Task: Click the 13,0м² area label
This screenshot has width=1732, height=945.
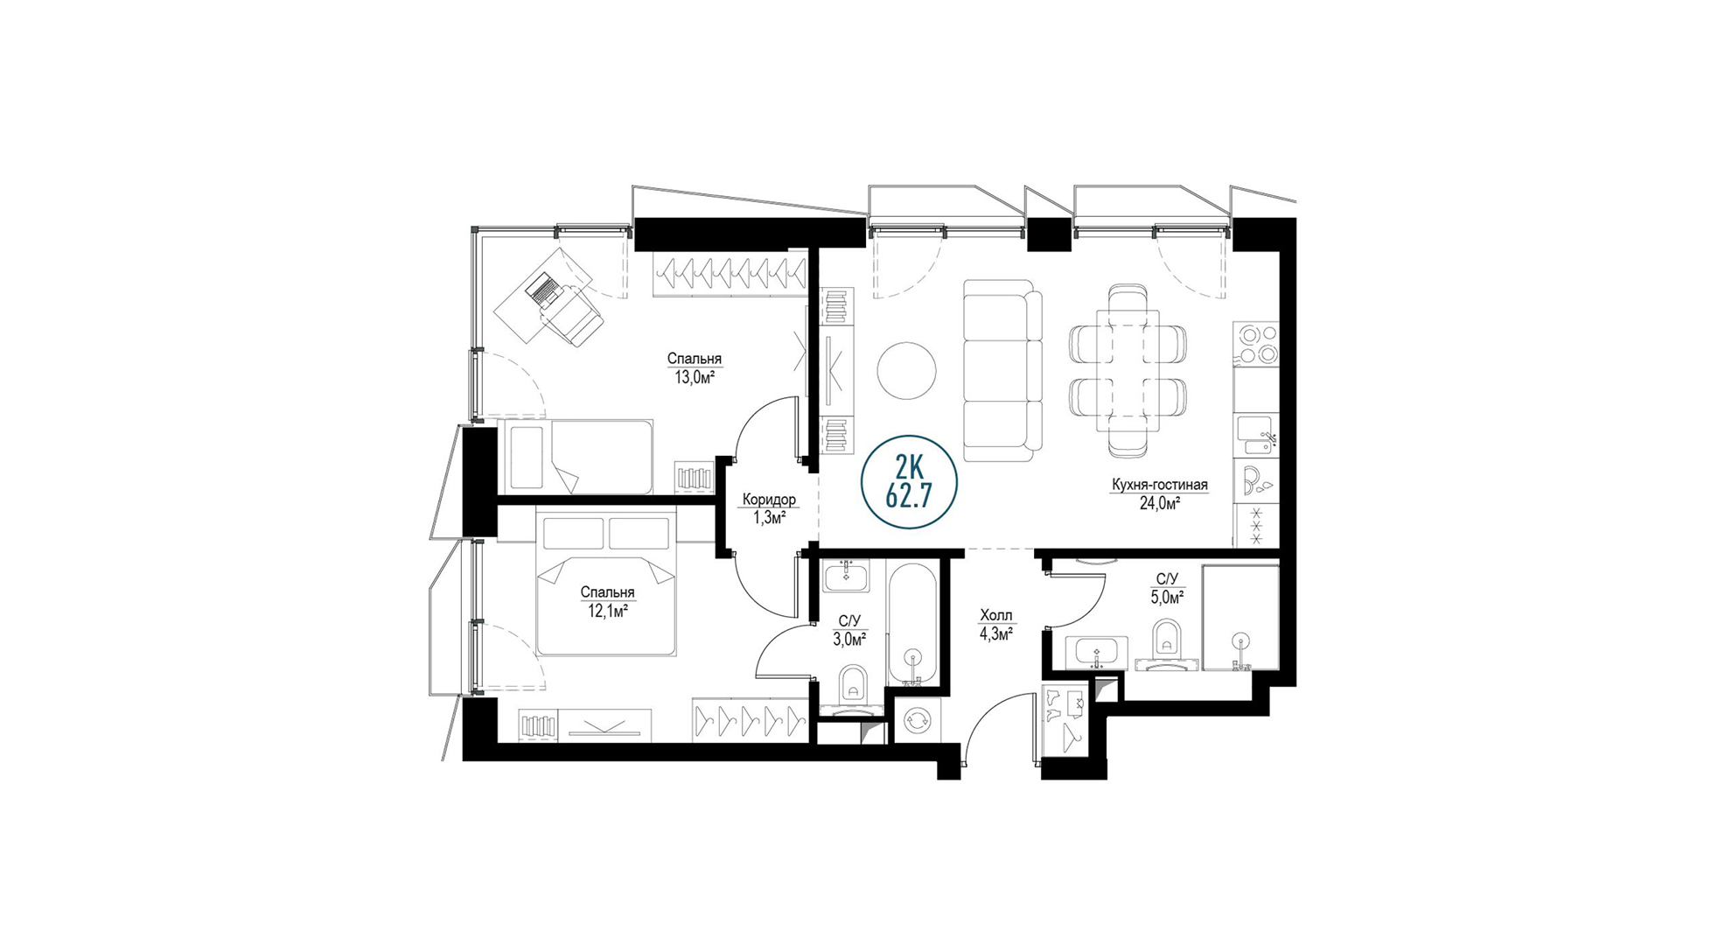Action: coord(694,378)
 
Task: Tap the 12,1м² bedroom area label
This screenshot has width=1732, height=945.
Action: coord(607,612)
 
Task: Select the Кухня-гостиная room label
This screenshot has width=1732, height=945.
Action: coord(1160,485)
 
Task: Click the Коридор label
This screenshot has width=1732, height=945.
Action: coord(769,500)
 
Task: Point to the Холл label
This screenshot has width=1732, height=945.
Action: coord(996,616)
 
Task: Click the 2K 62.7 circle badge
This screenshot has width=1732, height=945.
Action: coord(909,482)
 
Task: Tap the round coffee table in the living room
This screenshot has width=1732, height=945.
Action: coord(907,369)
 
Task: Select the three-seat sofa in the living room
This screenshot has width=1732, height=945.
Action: coord(1002,371)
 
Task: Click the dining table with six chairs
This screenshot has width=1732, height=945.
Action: coord(1128,370)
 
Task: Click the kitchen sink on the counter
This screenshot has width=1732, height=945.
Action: coord(1256,435)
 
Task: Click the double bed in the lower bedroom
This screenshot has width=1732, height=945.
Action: coord(607,584)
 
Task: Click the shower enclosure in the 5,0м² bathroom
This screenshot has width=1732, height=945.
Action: coord(1240,618)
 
